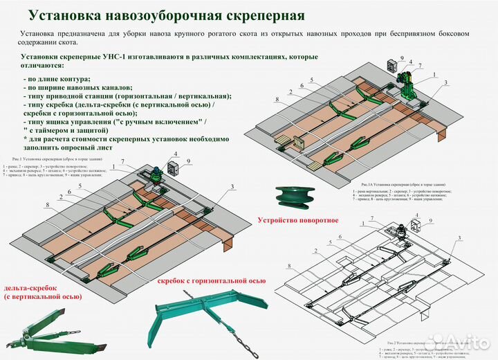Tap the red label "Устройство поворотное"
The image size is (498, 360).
pyautogui.click(x=297, y=220)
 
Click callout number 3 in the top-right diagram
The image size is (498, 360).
pyautogui.click(x=445, y=83)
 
